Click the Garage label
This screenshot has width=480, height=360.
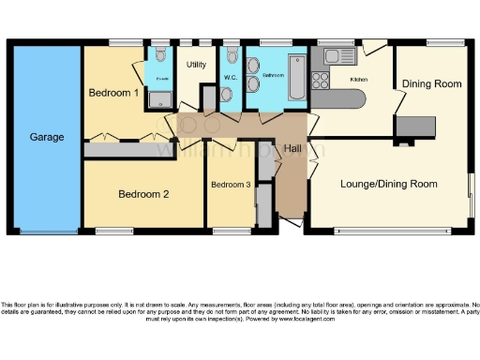(46, 137)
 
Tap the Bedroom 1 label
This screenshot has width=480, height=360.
(113, 93)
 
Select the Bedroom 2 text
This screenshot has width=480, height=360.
(142, 195)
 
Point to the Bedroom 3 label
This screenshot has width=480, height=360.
(230, 185)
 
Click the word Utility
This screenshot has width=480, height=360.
(196, 65)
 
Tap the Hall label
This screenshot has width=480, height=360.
(292, 149)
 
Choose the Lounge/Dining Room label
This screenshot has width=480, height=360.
(389, 184)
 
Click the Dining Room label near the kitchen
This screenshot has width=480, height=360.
(431, 83)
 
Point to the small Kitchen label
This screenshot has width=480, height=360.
(358, 80)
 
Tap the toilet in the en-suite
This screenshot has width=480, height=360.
(161, 54)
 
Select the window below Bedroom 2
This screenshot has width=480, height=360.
(113, 231)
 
